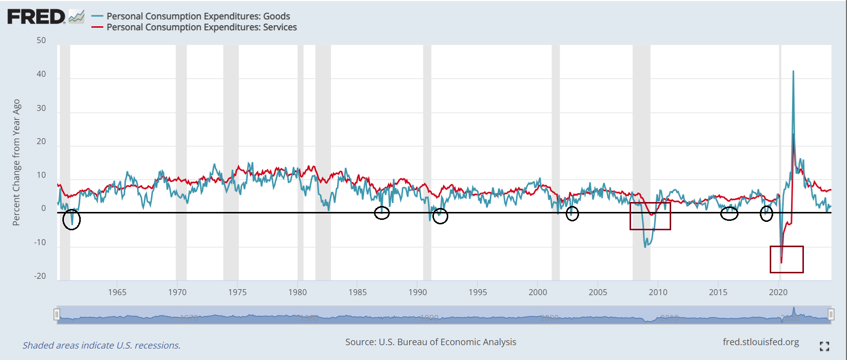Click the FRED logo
click(x=37, y=17)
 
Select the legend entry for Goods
click(x=198, y=16)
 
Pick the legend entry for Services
click(x=202, y=27)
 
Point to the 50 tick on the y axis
click(x=41, y=41)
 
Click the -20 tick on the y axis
click(x=40, y=276)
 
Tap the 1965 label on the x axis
click(x=117, y=292)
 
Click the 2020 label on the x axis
click(x=778, y=292)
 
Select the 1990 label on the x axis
click(x=418, y=292)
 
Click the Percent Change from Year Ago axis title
click(x=16, y=162)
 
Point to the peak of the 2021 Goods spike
click(x=793, y=71)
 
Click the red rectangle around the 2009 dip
click(x=650, y=216)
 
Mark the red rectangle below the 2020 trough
click(x=787, y=259)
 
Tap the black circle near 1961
click(x=72, y=219)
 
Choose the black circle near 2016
click(x=729, y=213)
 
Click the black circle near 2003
click(x=572, y=214)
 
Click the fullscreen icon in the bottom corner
click(x=824, y=346)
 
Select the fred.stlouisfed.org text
click(x=761, y=342)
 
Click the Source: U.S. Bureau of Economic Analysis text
click(x=430, y=342)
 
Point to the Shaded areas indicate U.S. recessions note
click(x=101, y=346)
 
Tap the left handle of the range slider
click(x=57, y=314)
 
